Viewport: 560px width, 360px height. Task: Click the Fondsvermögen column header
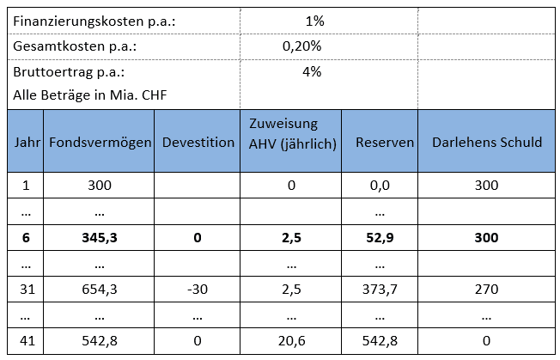[100, 142]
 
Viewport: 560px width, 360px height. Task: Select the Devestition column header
[198, 142]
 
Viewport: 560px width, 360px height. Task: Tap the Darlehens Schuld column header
[487, 142]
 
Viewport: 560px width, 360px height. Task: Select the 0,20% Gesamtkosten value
[301, 46]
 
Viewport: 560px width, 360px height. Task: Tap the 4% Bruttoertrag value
[312, 72]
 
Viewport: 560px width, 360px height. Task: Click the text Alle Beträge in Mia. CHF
[88, 95]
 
